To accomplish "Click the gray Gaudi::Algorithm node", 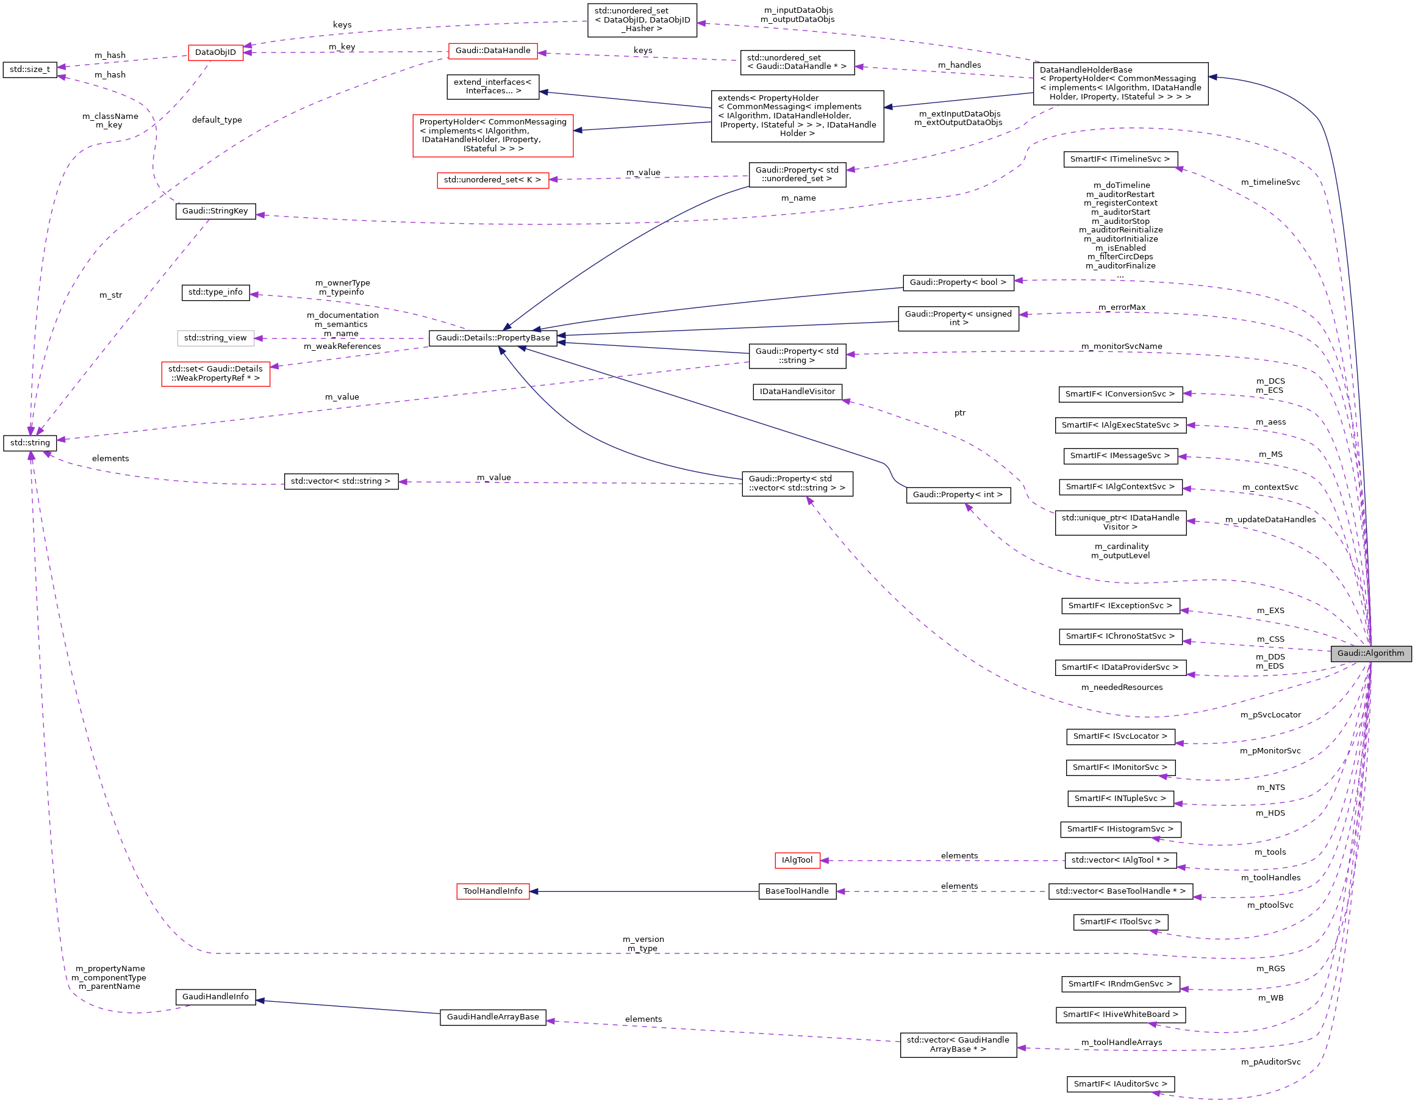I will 1370,653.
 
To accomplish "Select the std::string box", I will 30,443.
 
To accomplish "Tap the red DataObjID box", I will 216,52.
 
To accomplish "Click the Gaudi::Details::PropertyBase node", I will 492,337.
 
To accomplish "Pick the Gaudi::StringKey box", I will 215,211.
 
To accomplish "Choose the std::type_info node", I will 215,292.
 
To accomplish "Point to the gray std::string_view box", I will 215,337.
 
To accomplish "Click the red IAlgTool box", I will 797,860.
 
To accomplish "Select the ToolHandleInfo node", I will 492,891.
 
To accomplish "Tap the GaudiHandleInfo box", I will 215,997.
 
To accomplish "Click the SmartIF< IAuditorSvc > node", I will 1120,1083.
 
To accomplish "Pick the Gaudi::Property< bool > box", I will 958,282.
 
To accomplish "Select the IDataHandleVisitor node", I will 797,392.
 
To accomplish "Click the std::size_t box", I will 30,70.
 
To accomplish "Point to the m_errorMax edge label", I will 1122,307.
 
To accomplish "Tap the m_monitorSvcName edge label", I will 1122,346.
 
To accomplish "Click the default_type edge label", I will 217,120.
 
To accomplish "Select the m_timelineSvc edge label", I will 1270,182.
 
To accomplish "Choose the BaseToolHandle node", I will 797,891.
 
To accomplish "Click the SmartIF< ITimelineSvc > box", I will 1120,159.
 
